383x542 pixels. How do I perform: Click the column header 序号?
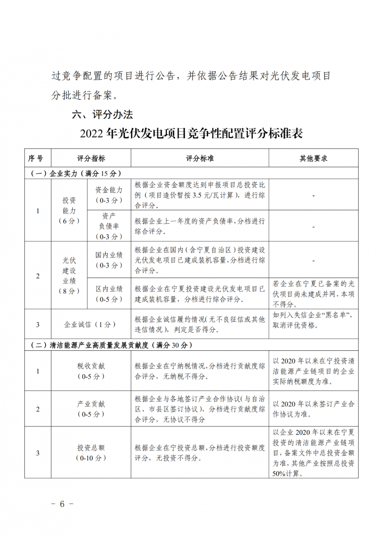(38, 158)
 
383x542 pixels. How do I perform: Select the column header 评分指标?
(91, 158)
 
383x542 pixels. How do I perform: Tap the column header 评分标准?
(200, 158)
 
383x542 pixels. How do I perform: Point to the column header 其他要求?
(313, 158)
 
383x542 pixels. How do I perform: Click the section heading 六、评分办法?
(102, 114)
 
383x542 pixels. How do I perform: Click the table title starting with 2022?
(191, 133)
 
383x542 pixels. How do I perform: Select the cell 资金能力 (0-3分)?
(109, 195)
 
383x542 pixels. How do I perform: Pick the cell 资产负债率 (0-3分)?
(109, 226)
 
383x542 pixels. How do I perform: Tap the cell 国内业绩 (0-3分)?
(109, 260)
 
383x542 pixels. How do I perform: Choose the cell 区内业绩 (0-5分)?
(109, 294)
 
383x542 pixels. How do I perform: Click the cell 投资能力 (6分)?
(69, 210)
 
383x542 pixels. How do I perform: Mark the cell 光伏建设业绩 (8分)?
(69, 276)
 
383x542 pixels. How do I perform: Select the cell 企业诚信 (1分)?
(91, 324)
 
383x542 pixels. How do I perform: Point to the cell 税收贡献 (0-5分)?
(91, 371)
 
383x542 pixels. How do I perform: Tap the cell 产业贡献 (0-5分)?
(91, 409)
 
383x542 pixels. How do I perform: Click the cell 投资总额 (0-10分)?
(91, 453)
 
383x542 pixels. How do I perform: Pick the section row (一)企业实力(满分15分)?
(76, 173)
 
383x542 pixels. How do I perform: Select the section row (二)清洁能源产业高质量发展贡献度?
(111, 345)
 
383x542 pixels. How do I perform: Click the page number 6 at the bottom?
(62, 504)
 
